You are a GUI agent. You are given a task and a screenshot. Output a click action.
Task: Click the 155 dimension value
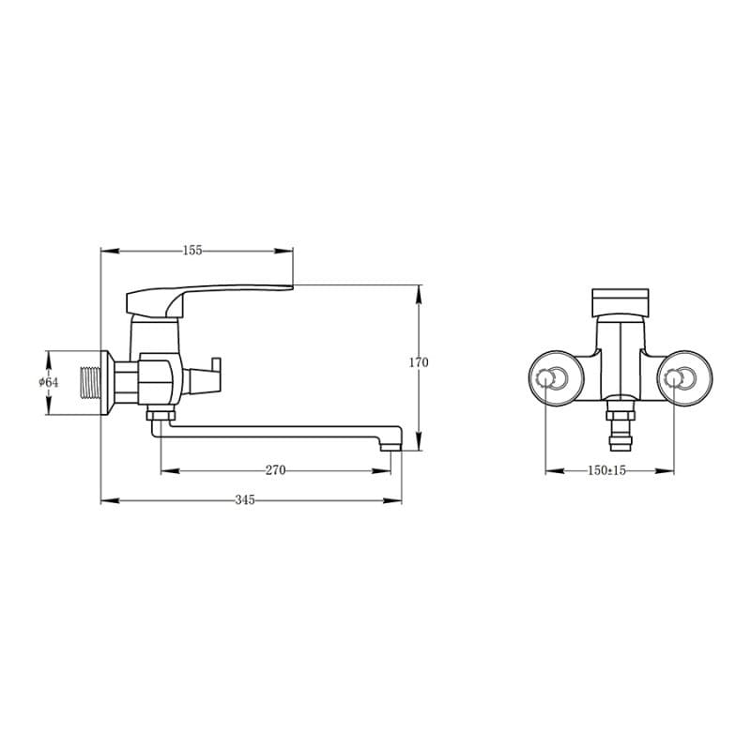pos(192,251)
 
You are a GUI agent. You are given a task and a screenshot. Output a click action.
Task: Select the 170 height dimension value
pos(419,362)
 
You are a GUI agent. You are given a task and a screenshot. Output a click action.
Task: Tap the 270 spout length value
pos(275,470)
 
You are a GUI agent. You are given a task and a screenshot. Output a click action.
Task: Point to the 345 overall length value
pos(245,500)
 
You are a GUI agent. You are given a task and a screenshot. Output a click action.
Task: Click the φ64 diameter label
pos(49,382)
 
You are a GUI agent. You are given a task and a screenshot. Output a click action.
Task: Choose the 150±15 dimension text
pos(606,470)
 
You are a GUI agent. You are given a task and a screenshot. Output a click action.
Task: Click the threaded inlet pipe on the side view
pos(91,383)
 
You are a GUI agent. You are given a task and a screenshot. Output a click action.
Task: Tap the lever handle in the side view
pos(208,300)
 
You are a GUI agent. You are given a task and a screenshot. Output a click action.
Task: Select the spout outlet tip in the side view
pos(391,447)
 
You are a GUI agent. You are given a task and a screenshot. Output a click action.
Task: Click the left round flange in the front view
pos(556,378)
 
